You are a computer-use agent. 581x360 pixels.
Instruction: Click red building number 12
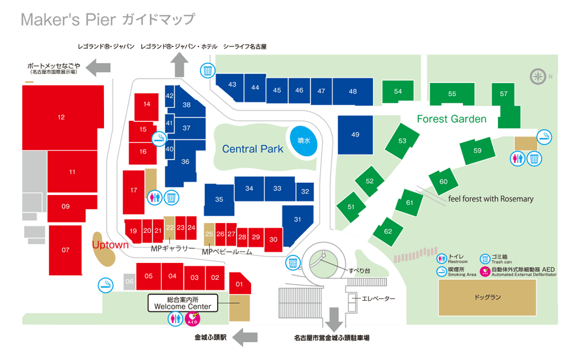pos(61,117)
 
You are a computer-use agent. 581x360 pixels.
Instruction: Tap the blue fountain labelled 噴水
pos(304,141)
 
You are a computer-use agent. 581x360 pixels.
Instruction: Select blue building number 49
pos(356,135)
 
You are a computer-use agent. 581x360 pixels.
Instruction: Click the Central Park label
pos(253,149)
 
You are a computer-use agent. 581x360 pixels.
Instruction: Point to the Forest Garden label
pos(451,119)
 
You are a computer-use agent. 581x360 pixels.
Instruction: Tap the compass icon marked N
pos(538,76)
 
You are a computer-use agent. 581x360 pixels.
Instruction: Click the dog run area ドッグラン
pos(487,297)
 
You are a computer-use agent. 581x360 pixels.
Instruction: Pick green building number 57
pos(503,94)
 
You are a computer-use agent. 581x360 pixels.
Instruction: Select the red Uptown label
pos(110,245)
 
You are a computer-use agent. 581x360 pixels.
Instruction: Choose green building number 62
pos(388,231)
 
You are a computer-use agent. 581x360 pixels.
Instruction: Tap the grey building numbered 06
pos(130,282)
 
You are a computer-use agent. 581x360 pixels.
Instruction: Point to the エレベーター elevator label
pos(378,299)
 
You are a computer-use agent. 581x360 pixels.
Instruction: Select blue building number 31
pos(298,219)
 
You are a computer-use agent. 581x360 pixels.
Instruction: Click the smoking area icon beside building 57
pos(544,137)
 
